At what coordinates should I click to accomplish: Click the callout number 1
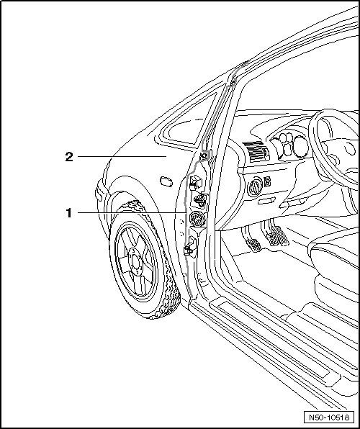(68, 213)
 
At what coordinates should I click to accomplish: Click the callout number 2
(69, 157)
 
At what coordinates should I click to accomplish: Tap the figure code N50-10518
(329, 417)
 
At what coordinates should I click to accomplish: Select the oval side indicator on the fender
(166, 181)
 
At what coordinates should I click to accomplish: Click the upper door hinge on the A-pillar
(195, 183)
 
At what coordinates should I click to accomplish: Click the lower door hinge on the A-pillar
(190, 246)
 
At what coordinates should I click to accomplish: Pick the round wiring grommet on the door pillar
(195, 219)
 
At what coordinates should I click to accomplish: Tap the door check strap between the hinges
(201, 200)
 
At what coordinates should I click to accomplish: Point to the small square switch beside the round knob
(268, 181)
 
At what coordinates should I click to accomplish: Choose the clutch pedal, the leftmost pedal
(253, 244)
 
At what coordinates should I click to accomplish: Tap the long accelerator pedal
(283, 236)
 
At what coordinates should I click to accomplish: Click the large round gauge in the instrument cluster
(300, 148)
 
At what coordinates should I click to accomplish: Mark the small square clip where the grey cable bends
(204, 156)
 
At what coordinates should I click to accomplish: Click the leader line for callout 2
(122, 156)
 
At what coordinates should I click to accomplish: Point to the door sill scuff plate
(274, 342)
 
